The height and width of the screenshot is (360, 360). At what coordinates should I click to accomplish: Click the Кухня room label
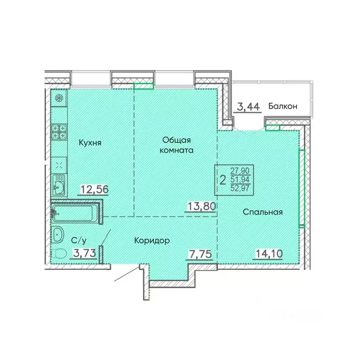[x=90, y=142]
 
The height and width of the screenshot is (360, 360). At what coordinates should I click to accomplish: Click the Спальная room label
[x=262, y=212]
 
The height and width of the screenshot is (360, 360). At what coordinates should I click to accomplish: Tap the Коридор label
[x=151, y=240]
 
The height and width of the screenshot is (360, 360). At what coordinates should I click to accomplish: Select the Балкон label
[x=283, y=106]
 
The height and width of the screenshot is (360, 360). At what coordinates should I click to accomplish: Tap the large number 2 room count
[x=223, y=180]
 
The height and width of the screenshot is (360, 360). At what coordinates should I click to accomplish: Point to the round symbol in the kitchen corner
[x=59, y=98]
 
